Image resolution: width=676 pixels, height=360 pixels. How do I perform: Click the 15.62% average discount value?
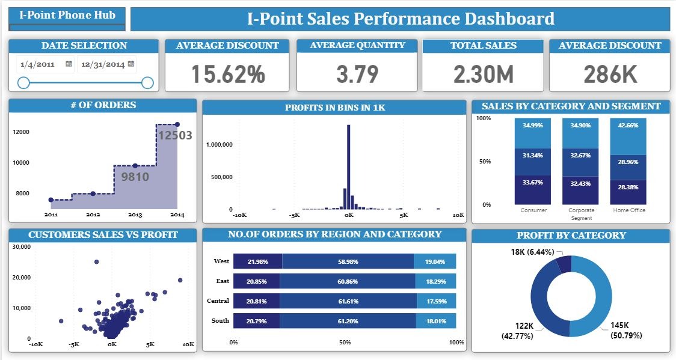228,74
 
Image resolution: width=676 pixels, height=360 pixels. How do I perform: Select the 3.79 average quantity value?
357,74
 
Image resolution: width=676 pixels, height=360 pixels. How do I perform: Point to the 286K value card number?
610,74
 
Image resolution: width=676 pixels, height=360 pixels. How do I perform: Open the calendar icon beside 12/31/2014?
131,64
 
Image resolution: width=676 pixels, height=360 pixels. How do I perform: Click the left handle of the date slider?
23,83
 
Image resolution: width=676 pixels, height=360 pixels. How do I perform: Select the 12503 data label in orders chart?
174,135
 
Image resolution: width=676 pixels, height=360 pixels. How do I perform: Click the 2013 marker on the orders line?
135,166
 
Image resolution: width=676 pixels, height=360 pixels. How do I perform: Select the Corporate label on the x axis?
581,210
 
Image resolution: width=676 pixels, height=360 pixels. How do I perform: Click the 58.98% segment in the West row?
348,261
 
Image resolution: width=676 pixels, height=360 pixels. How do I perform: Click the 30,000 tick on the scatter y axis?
21,247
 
